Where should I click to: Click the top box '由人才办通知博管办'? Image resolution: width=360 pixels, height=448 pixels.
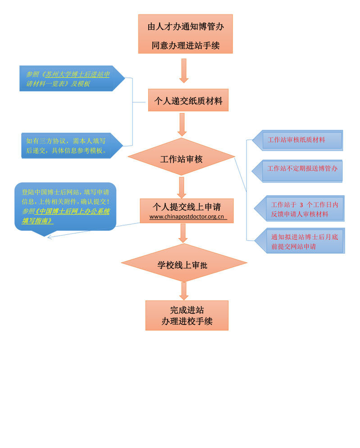pos(185,34)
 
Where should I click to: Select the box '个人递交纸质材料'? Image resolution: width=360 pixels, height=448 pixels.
pos(188,100)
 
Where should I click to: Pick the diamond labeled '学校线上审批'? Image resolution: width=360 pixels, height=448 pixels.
pos(184,265)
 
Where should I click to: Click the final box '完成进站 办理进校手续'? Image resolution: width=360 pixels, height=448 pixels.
pos(187,315)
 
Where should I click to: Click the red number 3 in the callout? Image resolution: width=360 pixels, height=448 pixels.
pos(301,205)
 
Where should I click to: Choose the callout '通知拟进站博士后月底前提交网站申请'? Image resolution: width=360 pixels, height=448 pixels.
pos(301,241)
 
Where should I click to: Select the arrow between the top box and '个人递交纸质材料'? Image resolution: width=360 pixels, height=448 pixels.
pos(183,70)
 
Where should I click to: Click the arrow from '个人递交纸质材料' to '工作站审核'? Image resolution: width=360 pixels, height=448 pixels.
pos(182,124)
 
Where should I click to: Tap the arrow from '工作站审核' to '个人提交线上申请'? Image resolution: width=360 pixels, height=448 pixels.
pos(182,187)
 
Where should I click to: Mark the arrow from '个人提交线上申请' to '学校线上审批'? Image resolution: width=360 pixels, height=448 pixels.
pos(182,233)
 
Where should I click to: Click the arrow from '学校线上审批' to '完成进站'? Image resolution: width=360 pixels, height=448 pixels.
pos(183,291)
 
